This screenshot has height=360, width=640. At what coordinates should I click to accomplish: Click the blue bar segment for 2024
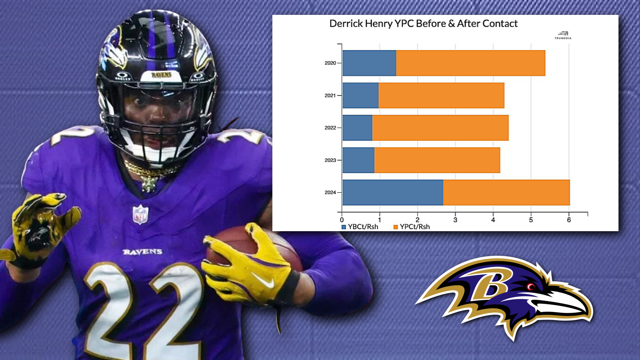coord(393,192)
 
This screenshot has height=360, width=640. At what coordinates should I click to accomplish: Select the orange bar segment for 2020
coord(470,63)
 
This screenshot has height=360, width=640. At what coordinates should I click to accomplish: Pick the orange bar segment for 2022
coord(440,128)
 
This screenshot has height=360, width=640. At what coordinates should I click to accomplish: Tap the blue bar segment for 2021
coord(360,95)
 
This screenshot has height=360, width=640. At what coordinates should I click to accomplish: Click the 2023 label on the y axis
coord(330,160)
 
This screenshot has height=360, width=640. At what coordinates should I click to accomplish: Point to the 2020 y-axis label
coord(330,63)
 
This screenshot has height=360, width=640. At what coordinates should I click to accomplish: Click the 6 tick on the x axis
coord(569,220)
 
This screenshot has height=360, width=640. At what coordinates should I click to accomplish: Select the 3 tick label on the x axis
coord(455,220)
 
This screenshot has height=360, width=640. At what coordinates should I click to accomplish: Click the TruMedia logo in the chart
coord(563,35)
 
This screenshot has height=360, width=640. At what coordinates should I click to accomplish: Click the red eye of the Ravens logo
coord(531,286)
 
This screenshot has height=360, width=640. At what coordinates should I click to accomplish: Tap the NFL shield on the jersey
coord(140,214)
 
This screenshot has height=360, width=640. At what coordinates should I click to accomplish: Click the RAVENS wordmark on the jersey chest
coord(142,252)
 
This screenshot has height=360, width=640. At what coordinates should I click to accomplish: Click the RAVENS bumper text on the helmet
coord(161,75)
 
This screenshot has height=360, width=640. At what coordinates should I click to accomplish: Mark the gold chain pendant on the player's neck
coord(149,184)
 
